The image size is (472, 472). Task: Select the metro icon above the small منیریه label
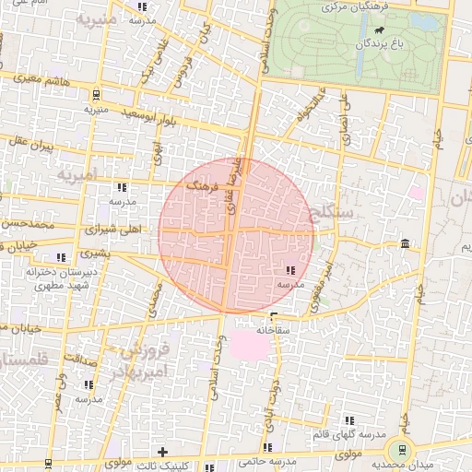point(96,93)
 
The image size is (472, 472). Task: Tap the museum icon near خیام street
point(406,242)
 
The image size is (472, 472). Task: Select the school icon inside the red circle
point(291,270)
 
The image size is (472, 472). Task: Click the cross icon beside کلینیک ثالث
point(163,452)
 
